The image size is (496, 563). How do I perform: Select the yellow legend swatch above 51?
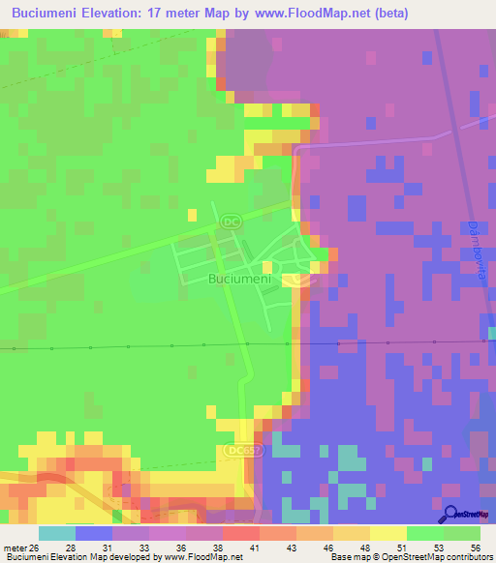click(x=388, y=533)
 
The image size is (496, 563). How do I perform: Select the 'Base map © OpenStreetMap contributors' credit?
click(x=411, y=557)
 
